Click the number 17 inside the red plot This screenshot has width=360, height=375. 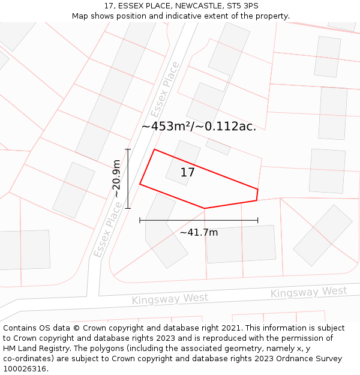[x=187, y=173]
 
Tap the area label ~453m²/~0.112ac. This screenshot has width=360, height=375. [x=199, y=127]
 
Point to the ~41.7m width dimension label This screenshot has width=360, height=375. [x=199, y=232]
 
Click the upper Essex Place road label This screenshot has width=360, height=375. [x=164, y=90]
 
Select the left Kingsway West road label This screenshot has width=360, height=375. [x=170, y=299]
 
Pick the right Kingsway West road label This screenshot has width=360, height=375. [x=308, y=292]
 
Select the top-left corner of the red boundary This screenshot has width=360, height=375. [x=154, y=149]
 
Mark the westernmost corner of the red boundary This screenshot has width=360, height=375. [x=140, y=184]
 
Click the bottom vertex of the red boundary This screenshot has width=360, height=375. [x=205, y=208]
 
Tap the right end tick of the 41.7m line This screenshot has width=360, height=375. [x=258, y=220]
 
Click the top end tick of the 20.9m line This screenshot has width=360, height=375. [x=128, y=149]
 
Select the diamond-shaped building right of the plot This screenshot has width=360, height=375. [x=322, y=235]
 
